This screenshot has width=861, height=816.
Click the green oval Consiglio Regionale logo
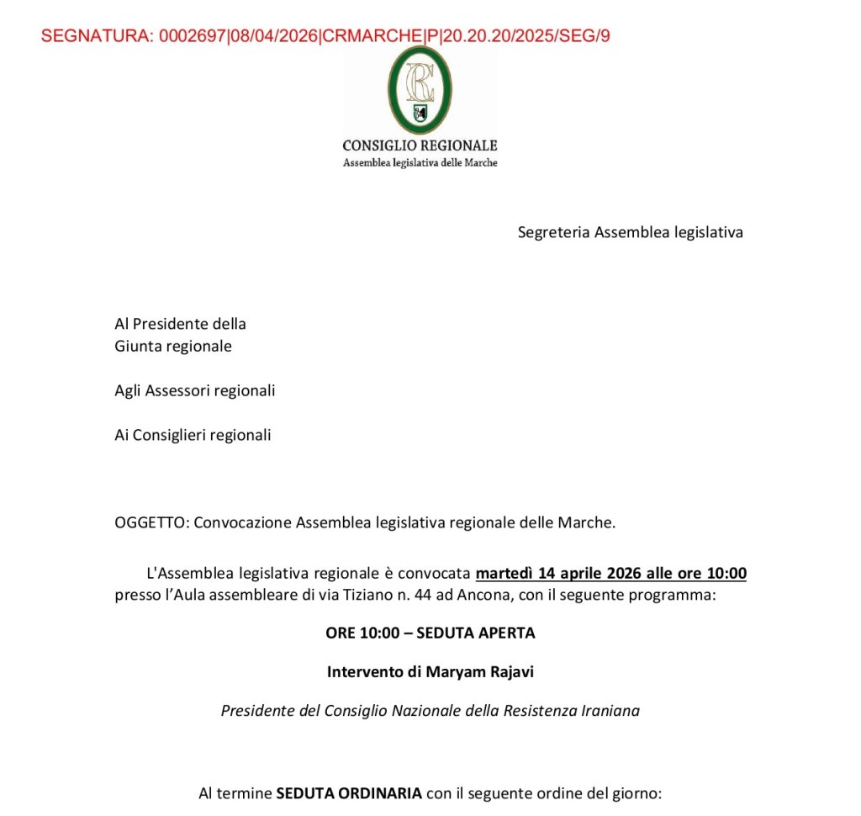click(420, 90)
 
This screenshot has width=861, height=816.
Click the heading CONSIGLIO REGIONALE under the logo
click(420, 146)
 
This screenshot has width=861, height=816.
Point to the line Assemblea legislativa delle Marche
click(420, 162)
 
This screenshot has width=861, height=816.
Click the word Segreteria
click(554, 232)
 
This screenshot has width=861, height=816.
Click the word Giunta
click(137, 346)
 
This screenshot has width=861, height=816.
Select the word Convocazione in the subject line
click(243, 522)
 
